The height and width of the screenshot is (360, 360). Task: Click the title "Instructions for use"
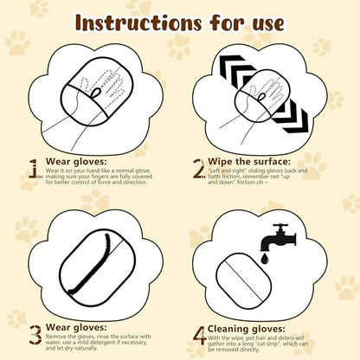pyautogui.click(x=180, y=21)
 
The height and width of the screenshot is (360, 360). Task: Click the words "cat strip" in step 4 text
pyautogui.click(x=294, y=345)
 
